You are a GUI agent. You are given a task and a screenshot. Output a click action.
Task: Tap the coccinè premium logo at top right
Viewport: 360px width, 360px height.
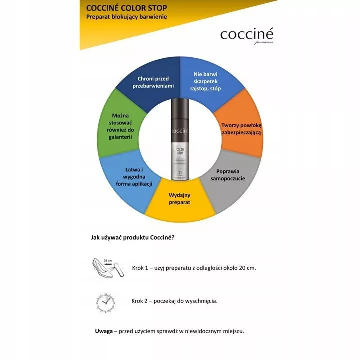[x=246, y=36]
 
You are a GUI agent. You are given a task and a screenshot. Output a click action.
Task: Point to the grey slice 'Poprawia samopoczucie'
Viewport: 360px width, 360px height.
[x=231, y=174]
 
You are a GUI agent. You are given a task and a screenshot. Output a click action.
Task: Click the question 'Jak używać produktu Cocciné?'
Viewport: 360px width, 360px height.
[x=132, y=237]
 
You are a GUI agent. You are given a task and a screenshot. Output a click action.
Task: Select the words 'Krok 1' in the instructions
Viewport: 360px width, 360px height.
[x=141, y=268]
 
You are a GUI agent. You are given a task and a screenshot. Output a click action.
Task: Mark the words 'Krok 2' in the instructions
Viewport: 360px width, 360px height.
[x=141, y=301]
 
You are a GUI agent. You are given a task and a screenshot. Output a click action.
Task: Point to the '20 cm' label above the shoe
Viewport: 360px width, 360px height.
[x=107, y=260]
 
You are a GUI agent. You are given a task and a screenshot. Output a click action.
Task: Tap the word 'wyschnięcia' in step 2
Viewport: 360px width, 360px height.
[x=200, y=301]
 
